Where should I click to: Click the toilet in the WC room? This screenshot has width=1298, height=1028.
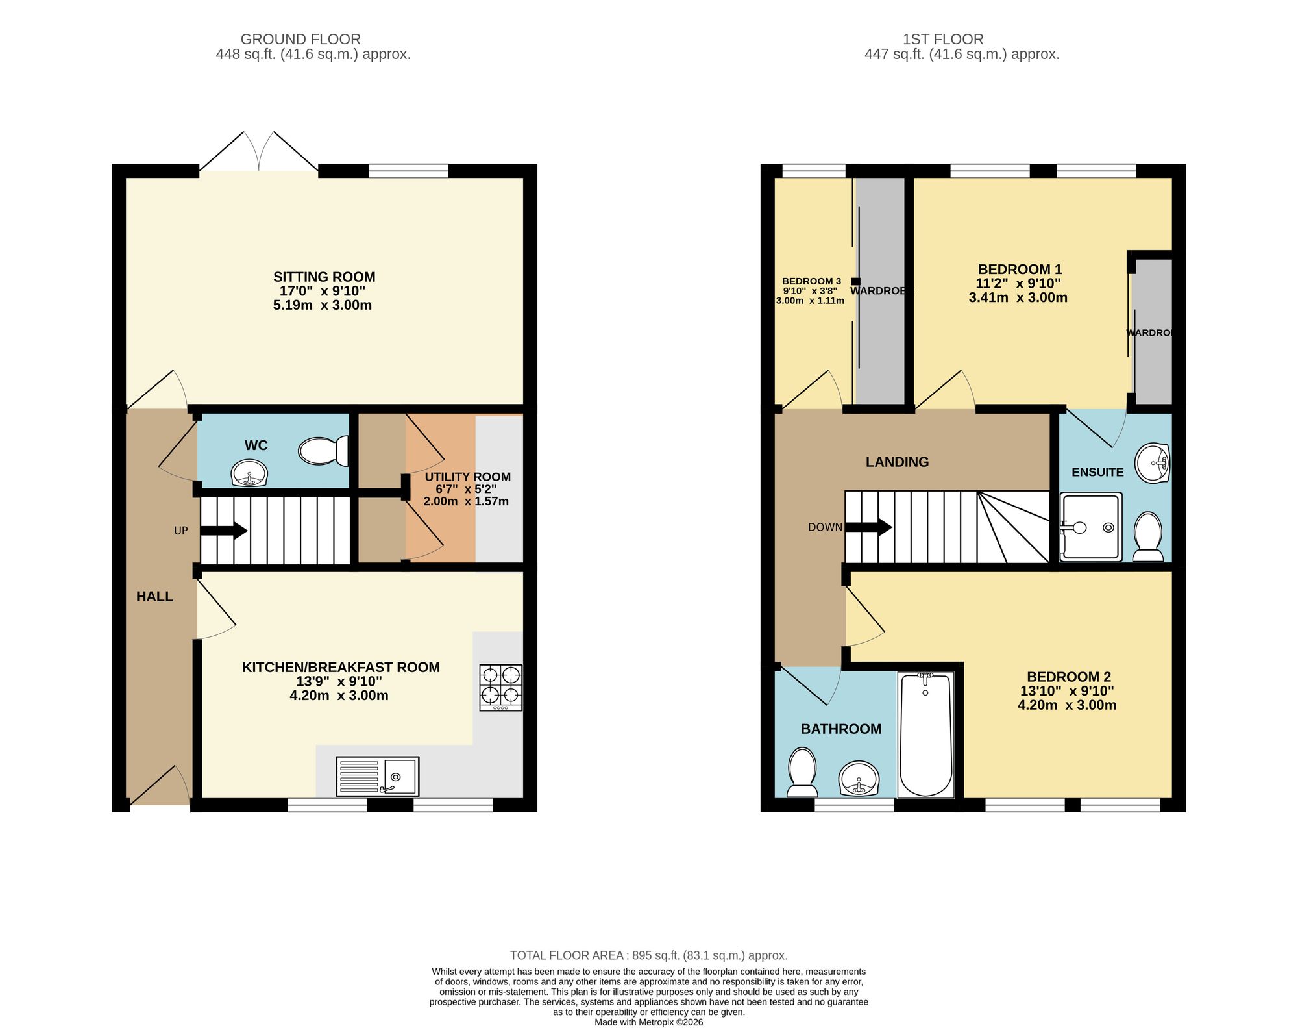[x=323, y=451]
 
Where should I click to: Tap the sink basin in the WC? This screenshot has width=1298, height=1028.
[x=249, y=473]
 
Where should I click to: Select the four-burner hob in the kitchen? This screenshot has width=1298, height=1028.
[x=500, y=687]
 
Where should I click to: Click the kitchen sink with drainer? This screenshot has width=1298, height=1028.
[x=377, y=776]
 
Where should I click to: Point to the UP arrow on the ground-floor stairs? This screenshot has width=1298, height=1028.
[x=224, y=531]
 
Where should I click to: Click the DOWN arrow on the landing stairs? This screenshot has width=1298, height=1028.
[x=868, y=527]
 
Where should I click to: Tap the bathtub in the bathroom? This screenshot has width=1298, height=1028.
[x=925, y=734]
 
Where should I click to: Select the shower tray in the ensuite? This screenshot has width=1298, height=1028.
[x=1090, y=527]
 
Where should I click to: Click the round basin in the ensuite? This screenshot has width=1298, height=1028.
[x=1152, y=463]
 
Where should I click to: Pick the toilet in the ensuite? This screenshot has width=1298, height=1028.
[x=1147, y=536]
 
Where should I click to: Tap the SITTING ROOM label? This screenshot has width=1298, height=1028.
[x=324, y=277]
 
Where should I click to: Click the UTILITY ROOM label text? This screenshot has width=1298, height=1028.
[x=467, y=477]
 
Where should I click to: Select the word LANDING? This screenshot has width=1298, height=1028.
[x=897, y=462]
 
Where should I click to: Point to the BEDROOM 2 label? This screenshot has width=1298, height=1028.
[x=1068, y=677]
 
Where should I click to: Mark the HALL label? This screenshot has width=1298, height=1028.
[x=154, y=596]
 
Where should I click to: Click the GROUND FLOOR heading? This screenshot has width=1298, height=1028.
[x=300, y=39]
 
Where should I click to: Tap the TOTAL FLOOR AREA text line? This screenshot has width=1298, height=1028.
[x=648, y=955]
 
